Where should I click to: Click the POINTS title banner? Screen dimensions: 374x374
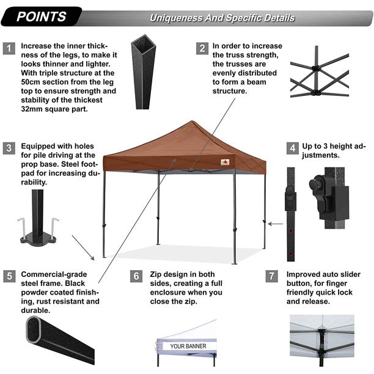[42, 16]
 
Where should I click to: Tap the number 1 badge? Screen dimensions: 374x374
[9, 48]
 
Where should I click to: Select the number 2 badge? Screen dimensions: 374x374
[201, 48]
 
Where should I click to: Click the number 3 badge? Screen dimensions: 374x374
[9, 148]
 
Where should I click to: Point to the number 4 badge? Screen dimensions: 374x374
[293, 148]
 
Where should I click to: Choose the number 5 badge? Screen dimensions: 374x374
[9, 276]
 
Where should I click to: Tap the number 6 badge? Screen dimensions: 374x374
[136, 276]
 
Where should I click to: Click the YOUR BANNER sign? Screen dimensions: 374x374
[188, 346]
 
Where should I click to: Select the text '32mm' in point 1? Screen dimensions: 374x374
[31, 110]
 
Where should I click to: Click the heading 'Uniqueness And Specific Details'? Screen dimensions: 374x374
[222, 18]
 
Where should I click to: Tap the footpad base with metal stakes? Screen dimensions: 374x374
[38, 235]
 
